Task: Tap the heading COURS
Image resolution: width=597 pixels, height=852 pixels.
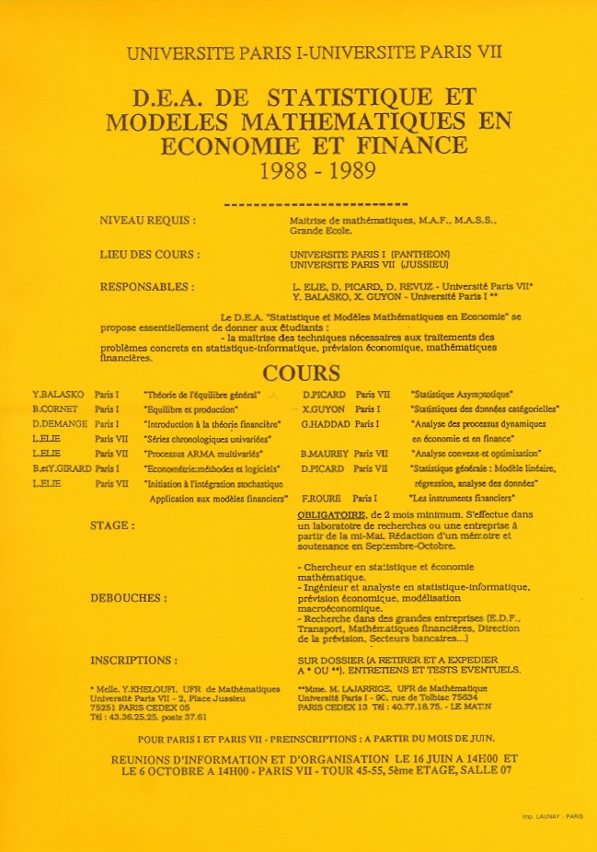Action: click(301, 374)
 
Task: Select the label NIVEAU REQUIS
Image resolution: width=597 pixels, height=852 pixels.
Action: click(147, 221)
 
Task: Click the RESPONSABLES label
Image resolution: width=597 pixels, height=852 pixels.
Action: click(146, 286)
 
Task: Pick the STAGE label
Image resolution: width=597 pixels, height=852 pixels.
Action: click(112, 525)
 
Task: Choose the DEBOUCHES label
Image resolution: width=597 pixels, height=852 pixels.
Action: click(129, 597)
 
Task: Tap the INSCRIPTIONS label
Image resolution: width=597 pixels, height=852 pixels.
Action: click(133, 660)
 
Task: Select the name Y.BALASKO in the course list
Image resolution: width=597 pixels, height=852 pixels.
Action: click(58, 394)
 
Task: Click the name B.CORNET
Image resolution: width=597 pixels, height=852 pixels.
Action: click(56, 409)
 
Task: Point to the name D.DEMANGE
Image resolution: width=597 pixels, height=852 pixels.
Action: click(59, 423)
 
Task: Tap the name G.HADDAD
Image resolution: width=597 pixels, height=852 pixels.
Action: click(323, 423)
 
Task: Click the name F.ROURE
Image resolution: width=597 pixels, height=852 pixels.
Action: click(318, 498)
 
